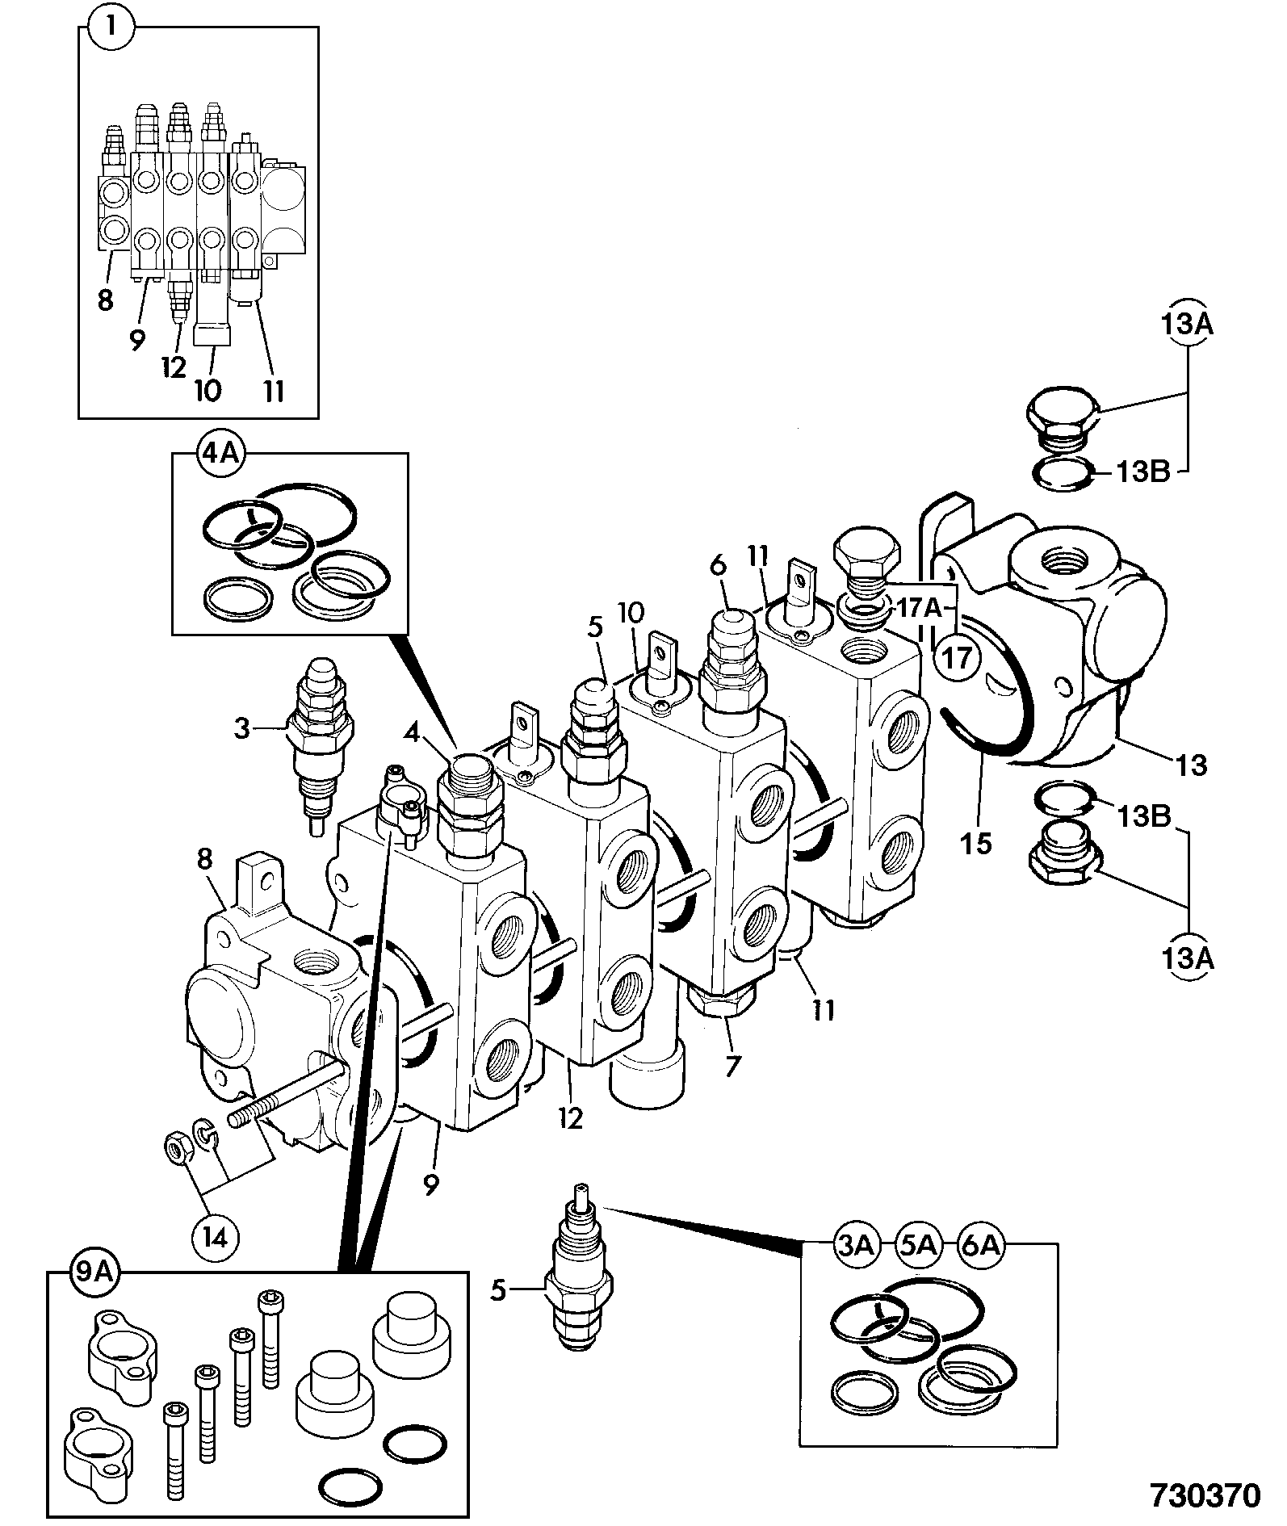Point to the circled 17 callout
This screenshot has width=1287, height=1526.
[x=958, y=659]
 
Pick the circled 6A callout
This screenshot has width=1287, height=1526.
[x=980, y=1247]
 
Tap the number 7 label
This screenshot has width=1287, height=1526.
[x=732, y=1066]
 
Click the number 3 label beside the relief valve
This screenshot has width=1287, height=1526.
[x=242, y=729]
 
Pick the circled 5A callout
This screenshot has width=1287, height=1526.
[x=918, y=1247]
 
